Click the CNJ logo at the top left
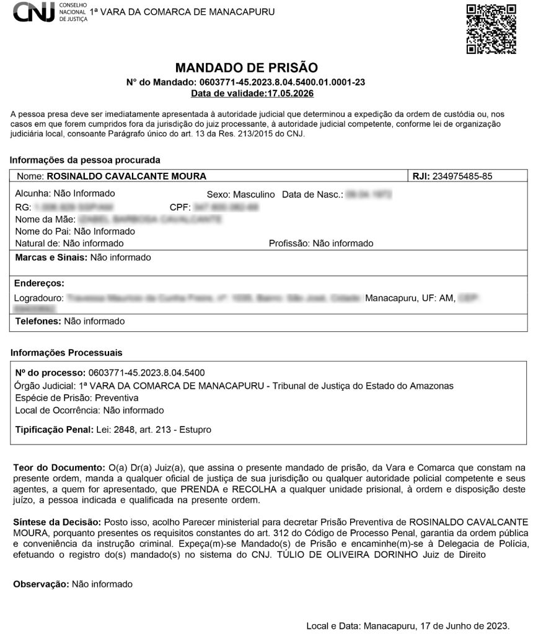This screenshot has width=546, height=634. [x=35, y=12]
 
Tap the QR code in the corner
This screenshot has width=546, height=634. [x=491, y=28]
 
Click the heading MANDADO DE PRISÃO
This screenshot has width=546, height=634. [x=246, y=67]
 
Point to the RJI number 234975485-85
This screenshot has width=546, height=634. [x=462, y=176]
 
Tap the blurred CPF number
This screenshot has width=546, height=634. [x=226, y=207]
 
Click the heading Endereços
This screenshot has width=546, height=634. [x=39, y=283]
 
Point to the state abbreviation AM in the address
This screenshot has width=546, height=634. [x=446, y=298]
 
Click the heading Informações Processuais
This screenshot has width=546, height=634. [x=66, y=352]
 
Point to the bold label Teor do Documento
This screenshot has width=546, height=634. [x=59, y=467]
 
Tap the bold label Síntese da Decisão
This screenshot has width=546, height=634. [x=57, y=523]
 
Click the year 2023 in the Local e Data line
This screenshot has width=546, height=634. [x=497, y=625]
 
